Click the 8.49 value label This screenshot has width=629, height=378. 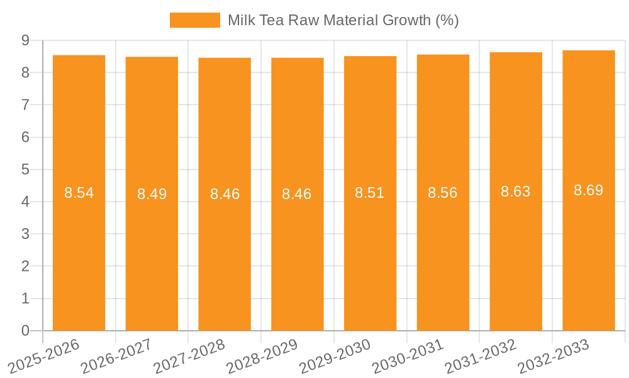[x=152, y=194]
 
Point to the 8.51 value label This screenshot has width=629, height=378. [x=369, y=193]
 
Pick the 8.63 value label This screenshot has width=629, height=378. [x=515, y=192]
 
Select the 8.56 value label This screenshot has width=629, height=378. [x=442, y=193]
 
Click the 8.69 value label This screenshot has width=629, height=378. [x=588, y=190]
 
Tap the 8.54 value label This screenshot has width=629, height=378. [x=79, y=193]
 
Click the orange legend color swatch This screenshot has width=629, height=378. [x=194, y=20]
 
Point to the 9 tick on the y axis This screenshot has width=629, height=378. [x=25, y=40]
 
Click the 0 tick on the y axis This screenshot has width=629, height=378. [x=25, y=331]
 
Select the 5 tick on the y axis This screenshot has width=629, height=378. [x=25, y=169]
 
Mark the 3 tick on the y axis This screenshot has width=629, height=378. [x=25, y=234]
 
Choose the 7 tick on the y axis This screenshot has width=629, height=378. [x=25, y=105]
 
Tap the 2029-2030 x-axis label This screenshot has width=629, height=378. [x=335, y=356]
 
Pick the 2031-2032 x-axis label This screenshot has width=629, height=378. [x=481, y=356]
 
